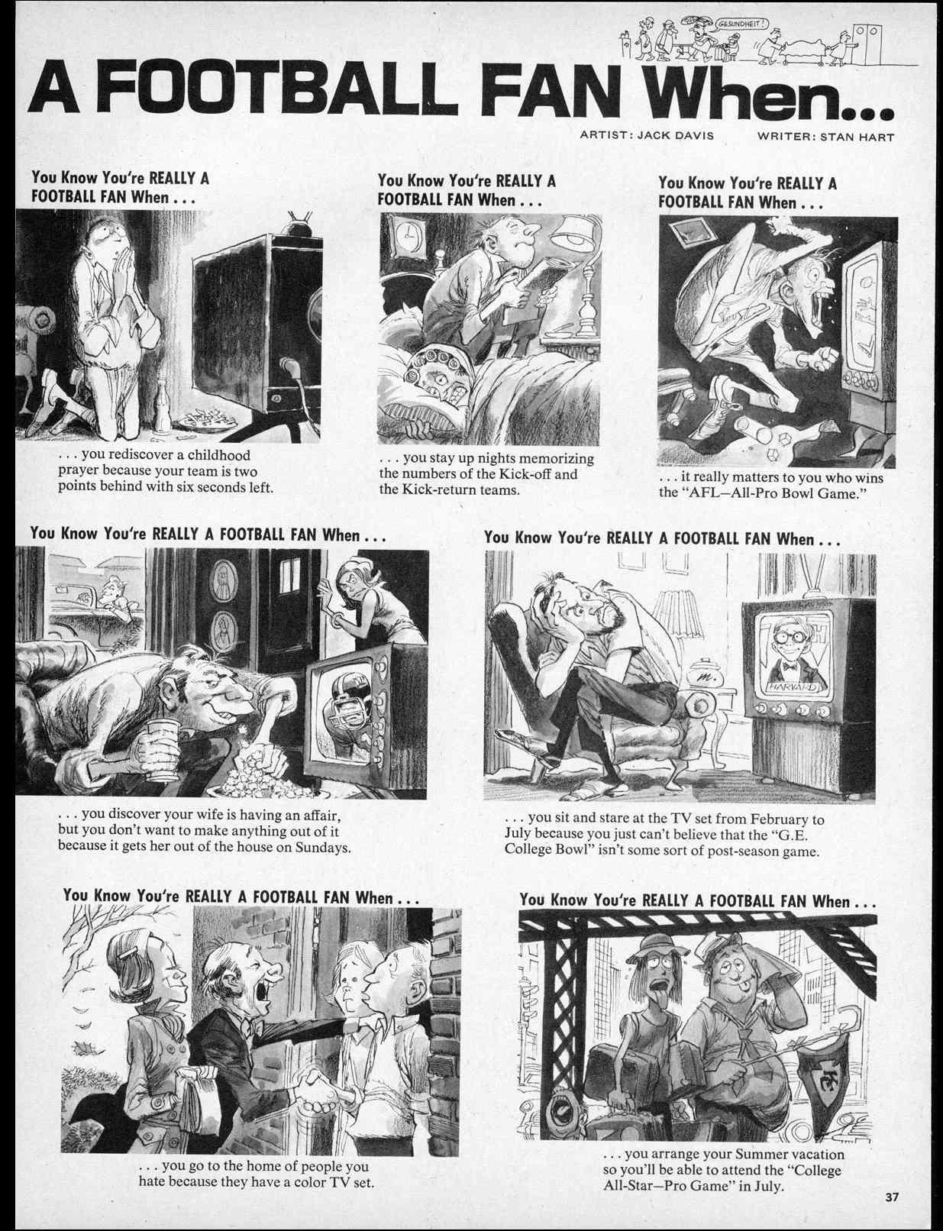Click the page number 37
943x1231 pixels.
pyautogui.click(x=891, y=1197)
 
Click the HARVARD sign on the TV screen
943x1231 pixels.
pyautogui.click(x=796, y=687)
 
